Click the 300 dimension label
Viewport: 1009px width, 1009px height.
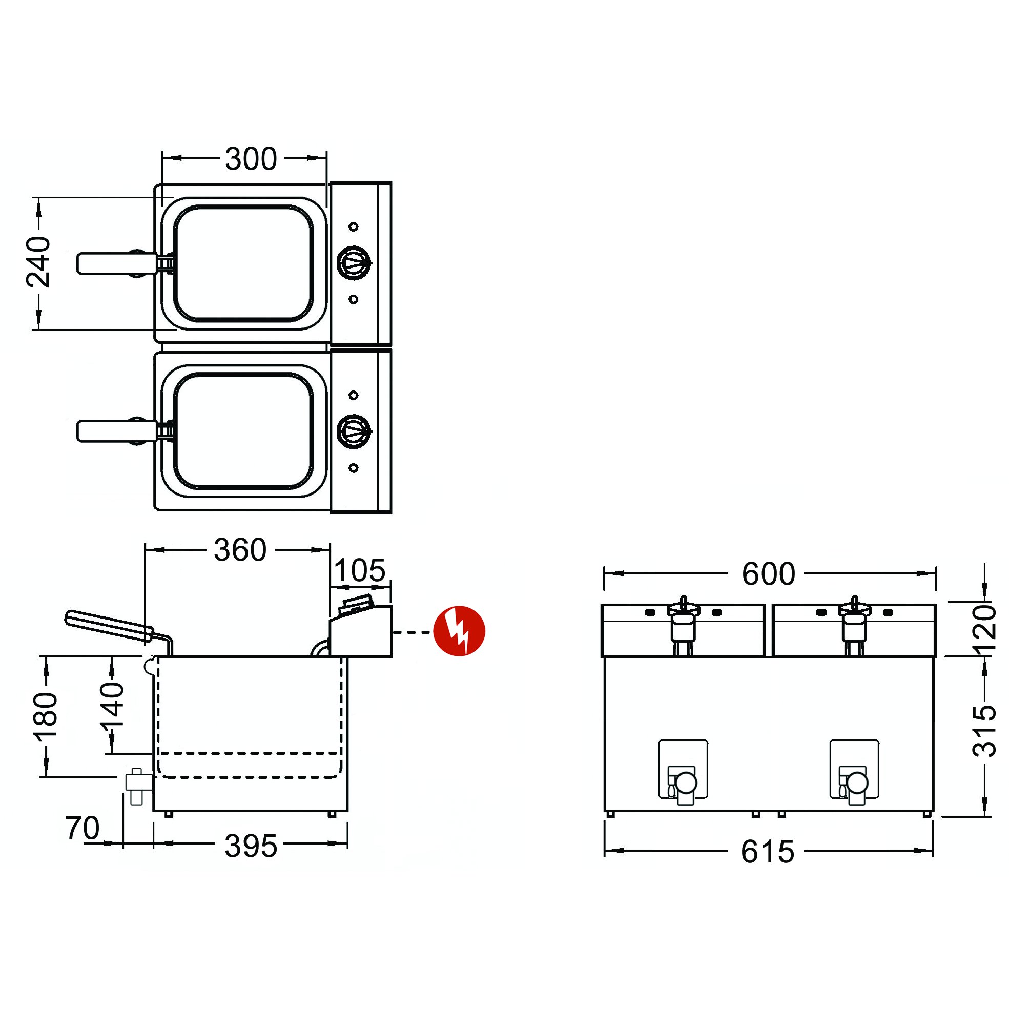click(251, 159)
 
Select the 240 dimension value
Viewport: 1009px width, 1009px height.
click(38, 262)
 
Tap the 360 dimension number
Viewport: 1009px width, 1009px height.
click(240, 550)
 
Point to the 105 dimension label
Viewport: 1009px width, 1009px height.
click(359, 570)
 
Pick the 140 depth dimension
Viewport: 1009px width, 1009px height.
click(112, 705)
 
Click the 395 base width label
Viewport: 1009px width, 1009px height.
click(251, 847)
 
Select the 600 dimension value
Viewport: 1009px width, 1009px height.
click(768, 574)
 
